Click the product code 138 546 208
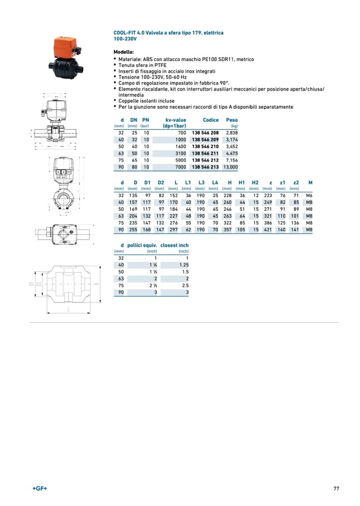click(x=205, y=133)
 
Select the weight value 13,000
click(x=230, y=167)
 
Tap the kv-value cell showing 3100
click(x=180, y=154)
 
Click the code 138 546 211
click(x=205, y=154)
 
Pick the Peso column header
click(x=232, y=120)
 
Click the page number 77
click(x=337, y=488)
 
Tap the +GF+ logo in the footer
click(x=40, y=488)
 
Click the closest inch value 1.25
click(x=182, y=264)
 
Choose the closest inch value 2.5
click(x=183, y=285)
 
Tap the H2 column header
click(x=255, y=182)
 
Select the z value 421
click(x=268, y=229)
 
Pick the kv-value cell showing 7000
click(x=180, y=167)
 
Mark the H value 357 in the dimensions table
click(x=227, y=229)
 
